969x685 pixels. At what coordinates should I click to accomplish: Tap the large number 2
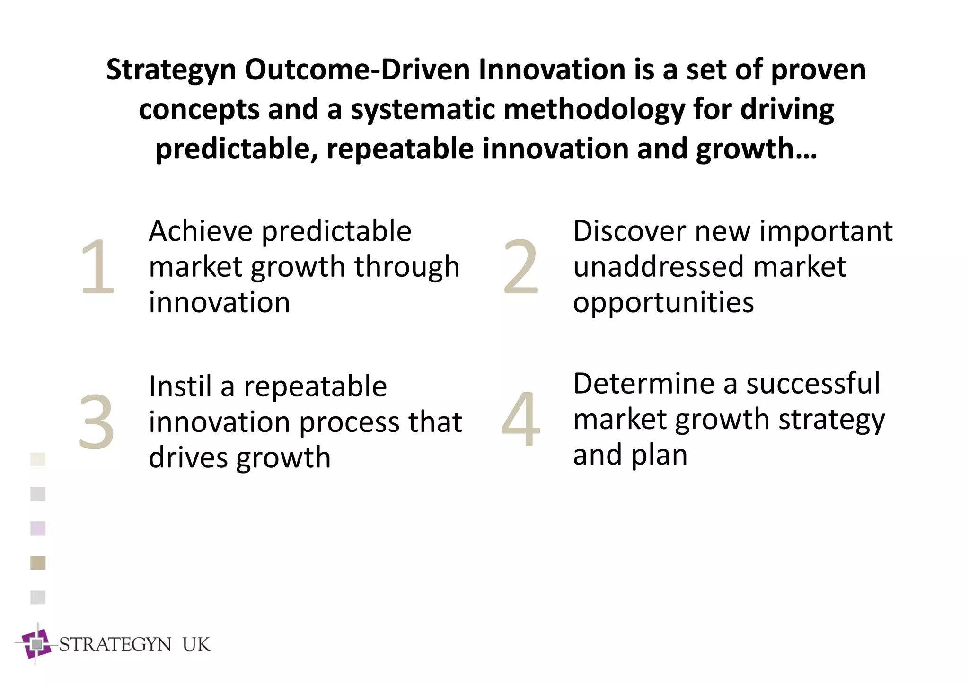520,266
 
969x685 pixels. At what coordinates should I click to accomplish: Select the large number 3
97,422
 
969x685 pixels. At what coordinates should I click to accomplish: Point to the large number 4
520,419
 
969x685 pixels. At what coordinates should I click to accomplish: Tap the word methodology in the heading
594,110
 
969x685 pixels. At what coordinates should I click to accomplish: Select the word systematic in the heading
423,110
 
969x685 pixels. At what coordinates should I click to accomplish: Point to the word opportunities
663,303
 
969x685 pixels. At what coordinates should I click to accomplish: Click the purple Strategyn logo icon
36,644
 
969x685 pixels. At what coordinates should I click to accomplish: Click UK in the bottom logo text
196,645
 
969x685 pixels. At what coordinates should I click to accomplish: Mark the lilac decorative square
38,528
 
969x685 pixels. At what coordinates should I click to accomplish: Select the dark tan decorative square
38,563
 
